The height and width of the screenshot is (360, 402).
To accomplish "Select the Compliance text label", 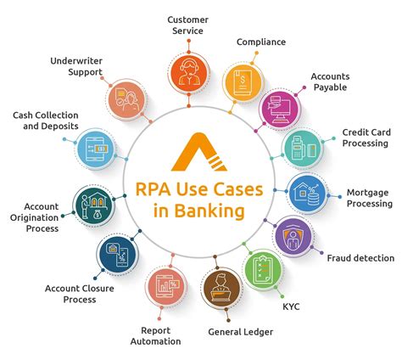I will coord(260,41).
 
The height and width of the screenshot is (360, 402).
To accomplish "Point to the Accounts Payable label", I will coord(330,82).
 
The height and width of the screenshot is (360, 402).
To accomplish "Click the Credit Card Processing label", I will coord(366,138).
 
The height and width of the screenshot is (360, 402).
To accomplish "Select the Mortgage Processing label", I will coord(369,198).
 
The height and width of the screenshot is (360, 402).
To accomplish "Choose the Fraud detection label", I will coord(360,257).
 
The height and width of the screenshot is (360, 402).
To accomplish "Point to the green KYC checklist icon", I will coord(263,271).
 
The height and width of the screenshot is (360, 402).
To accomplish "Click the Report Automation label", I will coord(156,335).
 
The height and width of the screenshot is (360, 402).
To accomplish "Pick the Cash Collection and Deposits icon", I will coord(96,152).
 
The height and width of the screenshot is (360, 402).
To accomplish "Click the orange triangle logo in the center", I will coord(201,154).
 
